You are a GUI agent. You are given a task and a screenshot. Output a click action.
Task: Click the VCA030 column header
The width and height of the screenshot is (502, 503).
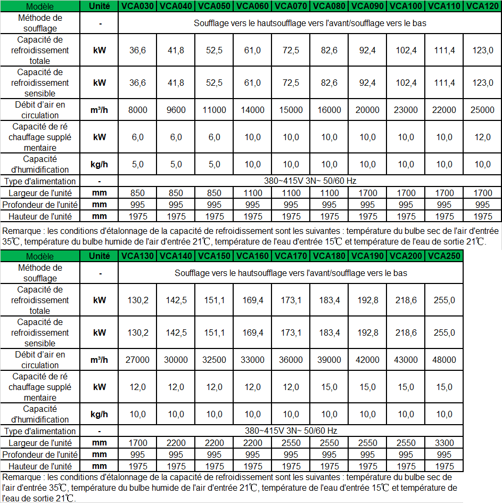[x=137, y=6]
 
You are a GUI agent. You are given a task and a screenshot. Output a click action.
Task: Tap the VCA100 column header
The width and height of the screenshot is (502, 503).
[x=406, y=6]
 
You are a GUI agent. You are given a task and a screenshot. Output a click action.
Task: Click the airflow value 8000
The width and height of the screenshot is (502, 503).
[x=137, y=110]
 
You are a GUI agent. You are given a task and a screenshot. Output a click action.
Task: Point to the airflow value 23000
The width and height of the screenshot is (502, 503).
[x=406, y=110]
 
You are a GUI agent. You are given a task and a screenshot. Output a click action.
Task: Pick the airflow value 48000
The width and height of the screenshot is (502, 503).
[x=444, y=360]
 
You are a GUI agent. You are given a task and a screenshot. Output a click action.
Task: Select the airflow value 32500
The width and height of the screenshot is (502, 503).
[x=214, y=360]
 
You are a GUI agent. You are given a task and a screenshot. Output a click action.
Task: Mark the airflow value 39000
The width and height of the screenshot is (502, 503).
[x=329, y=360]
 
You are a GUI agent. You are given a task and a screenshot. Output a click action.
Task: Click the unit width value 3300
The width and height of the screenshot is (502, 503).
[x=444, y=443]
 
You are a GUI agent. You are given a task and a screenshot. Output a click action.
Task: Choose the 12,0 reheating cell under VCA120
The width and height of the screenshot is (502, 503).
[x=483, y=137]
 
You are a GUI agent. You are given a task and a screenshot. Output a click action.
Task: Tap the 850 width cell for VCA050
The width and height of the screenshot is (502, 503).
[x=214, y=193]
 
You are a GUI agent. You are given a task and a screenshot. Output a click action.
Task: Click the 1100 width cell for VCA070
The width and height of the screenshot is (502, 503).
[x=291, y=193]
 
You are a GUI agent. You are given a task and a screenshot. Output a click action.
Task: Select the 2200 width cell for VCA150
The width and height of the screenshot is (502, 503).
[x=214, y=443]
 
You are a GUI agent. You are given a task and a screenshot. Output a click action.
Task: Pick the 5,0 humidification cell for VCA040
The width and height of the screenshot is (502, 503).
[x=176, y=164]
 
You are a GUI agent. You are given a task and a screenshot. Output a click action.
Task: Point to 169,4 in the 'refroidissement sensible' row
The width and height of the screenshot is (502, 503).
[x=252, y=332]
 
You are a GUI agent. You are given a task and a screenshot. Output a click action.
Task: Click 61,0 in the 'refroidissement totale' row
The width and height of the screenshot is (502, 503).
[x=252, y=51]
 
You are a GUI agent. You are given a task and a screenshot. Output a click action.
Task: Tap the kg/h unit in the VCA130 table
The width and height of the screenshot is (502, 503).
[x=100, y=414]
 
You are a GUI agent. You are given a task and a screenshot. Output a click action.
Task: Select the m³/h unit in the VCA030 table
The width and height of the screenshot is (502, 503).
[x=100, y=110]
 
